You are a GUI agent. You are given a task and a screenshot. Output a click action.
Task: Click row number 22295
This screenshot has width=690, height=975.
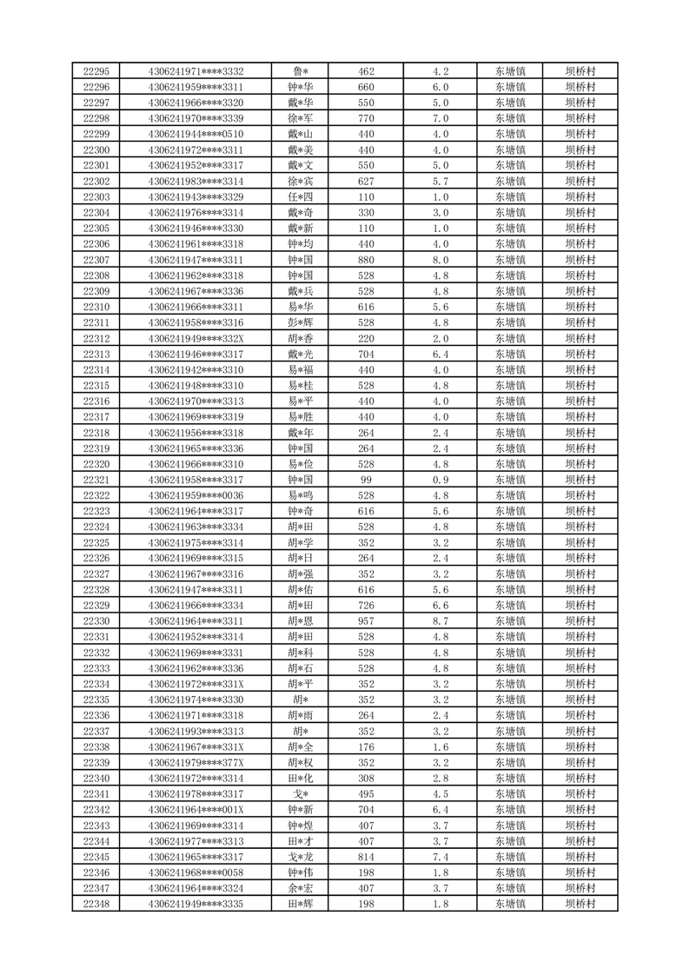tap(96, 71)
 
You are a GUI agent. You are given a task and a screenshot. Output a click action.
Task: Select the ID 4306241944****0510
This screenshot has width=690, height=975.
tap(196, 134)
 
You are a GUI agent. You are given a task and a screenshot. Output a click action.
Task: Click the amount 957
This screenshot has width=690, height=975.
tap(366, 620)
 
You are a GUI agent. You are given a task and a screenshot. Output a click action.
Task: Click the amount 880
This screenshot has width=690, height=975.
tap(366, 260)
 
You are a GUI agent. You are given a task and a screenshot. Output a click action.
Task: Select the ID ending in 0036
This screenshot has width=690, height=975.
tap(196, 495)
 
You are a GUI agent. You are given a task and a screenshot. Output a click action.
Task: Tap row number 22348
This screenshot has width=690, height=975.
tap(96, 904)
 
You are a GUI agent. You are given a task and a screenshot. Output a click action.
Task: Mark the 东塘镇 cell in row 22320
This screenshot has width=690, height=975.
tap(510, 464)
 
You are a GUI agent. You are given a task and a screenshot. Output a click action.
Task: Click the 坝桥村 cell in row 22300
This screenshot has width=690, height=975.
tap(580, 149)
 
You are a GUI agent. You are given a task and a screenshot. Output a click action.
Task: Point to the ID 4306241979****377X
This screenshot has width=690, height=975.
tap(196, 762)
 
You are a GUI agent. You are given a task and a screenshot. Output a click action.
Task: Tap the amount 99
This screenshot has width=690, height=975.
tap(366, 480)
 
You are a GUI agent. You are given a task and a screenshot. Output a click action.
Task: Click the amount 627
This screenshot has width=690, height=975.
tap(366, 181)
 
